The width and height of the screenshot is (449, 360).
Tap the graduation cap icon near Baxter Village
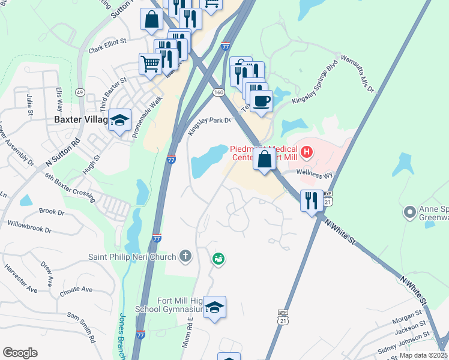pos(120,121)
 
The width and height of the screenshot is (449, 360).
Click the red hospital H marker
pos(307,151)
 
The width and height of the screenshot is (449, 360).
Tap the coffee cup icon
pos(261,101)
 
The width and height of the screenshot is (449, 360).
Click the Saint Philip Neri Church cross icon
pos(185,257)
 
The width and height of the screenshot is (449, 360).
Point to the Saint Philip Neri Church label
pos(133,257)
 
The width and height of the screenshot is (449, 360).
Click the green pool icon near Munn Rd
pos(218,259)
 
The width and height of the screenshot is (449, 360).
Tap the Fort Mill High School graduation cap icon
pos(214,308)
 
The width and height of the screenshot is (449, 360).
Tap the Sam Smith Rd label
pos(82,327)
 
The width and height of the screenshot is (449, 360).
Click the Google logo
pos(20,353)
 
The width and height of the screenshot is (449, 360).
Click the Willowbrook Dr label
pos(29,227)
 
